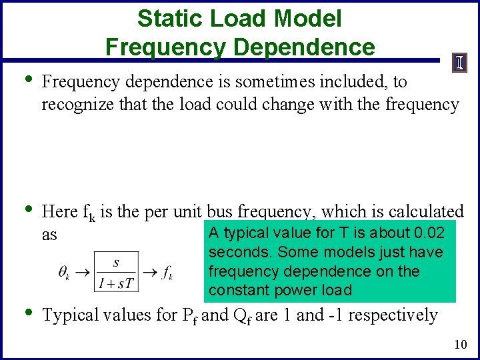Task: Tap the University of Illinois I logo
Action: click(x=461, y=63)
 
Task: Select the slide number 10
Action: click(x=459, y=344)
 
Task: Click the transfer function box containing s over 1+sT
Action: click(x=117, y=272)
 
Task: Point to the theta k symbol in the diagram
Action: click(x=65, y=273)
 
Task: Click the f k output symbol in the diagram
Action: click(x=167, y=273)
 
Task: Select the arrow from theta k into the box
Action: click(x=83, y=273)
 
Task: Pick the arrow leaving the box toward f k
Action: click(x=150, y=273)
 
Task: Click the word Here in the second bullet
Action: click(x=59, y=212)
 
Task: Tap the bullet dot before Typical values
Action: click(x=26, y=312)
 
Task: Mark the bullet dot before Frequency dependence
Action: click(x=26, y=79)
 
